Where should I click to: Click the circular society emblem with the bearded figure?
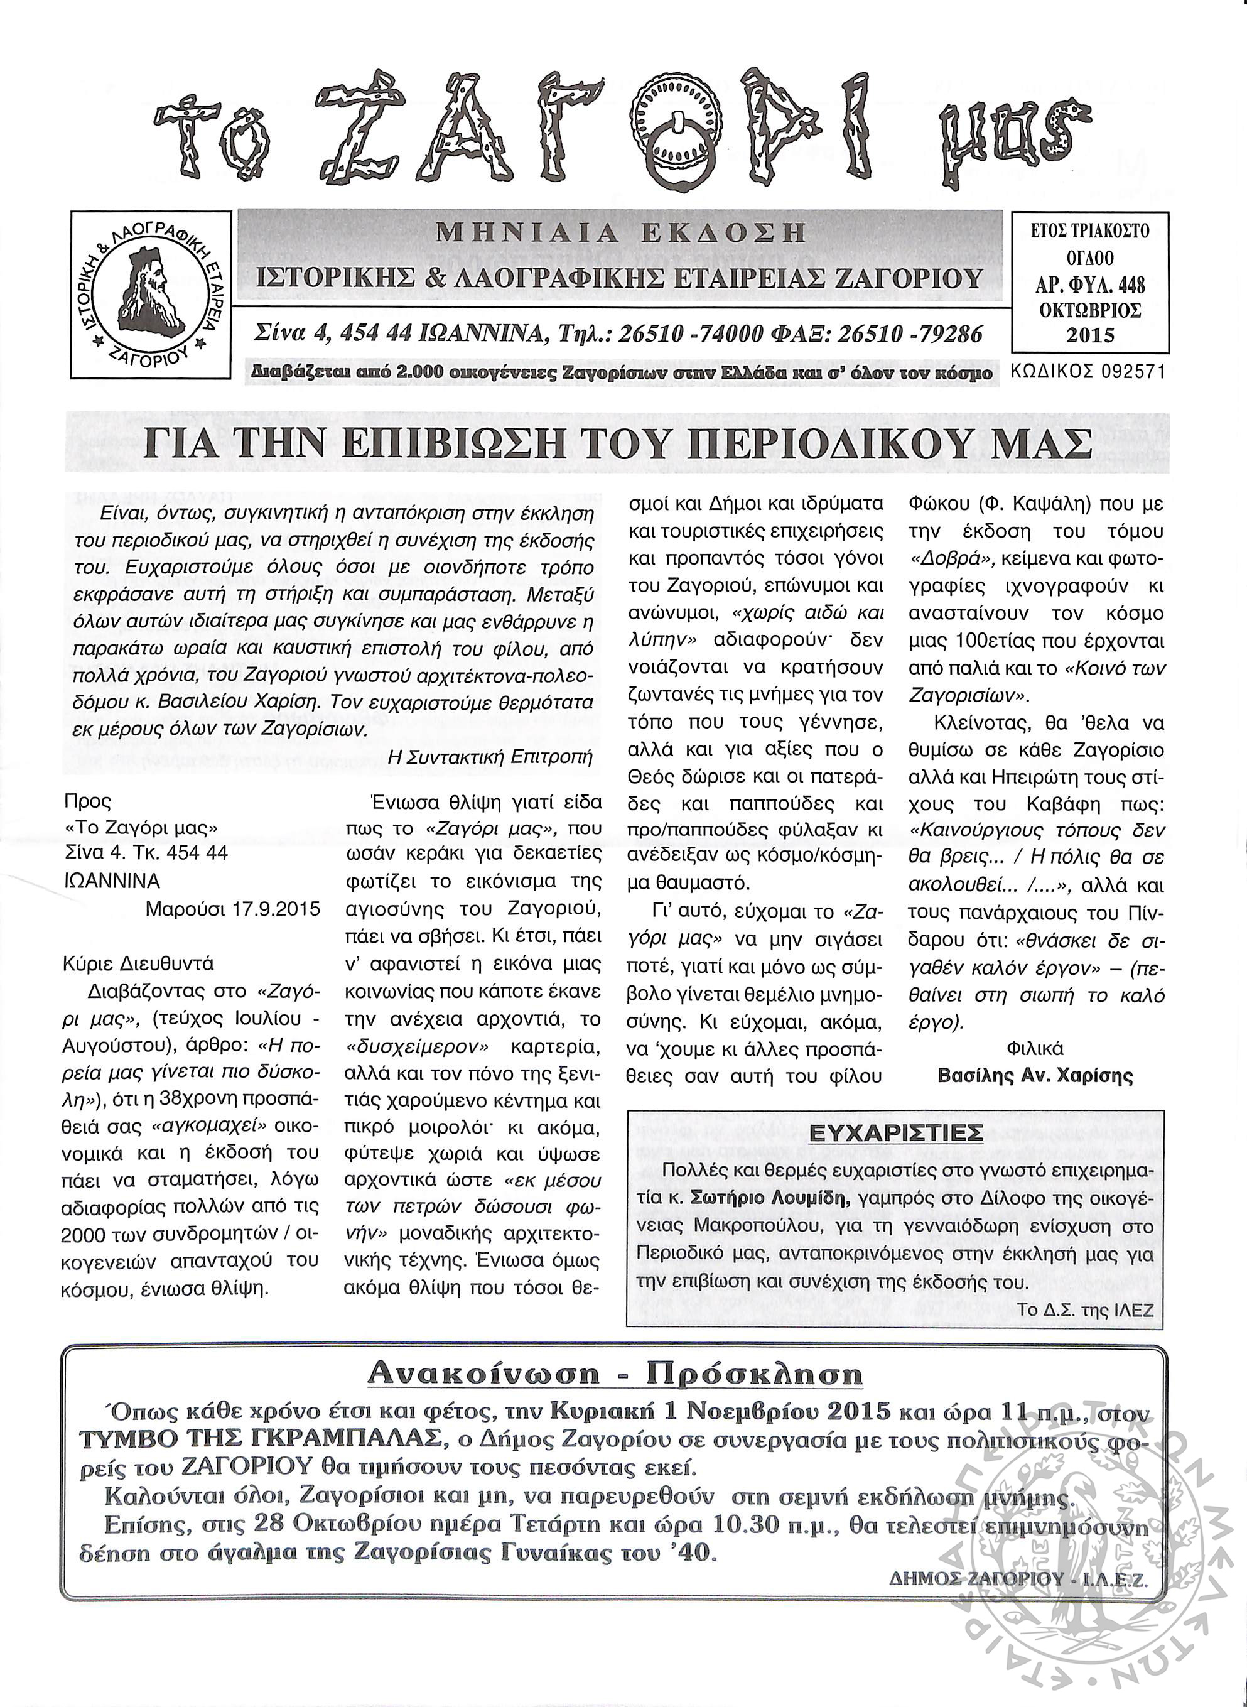151,295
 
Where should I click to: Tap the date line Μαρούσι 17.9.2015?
232,909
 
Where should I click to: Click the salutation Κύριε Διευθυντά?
139,964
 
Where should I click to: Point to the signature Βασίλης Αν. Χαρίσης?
1035,1075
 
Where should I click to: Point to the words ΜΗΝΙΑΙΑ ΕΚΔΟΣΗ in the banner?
621,233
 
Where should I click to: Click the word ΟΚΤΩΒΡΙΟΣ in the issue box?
1090,310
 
